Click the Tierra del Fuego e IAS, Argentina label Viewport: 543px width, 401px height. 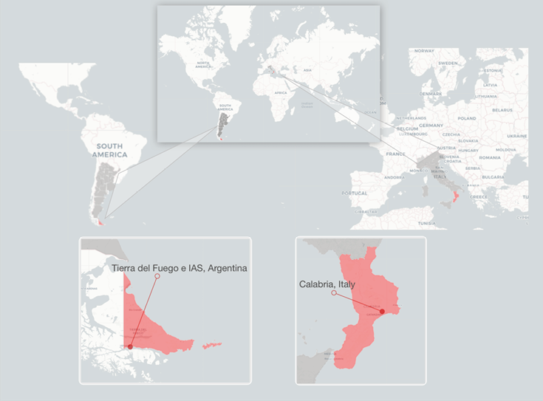point(179,267)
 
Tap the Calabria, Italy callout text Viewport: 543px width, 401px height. point(327,284)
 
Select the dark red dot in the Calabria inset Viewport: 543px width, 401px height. point(382,312)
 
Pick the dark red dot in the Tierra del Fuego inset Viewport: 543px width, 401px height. point(130,346)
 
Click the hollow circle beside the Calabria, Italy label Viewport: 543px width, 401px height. point(334,293)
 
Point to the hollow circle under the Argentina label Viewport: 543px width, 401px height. point(157,277)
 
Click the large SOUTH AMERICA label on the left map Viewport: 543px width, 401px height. point(110,151)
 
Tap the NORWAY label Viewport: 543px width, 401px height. point(424,51)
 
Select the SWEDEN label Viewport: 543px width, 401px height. point(448,64)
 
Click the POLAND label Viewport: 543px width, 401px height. point(466,118)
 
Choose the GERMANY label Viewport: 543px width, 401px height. point(431,126)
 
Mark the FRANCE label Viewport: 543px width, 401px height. point(396,154)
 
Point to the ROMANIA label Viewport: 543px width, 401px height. point(488,158)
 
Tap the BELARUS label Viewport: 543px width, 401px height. point(502,110)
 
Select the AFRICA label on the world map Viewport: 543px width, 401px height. point(280,93)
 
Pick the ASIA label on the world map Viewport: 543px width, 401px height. point(308,69)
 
